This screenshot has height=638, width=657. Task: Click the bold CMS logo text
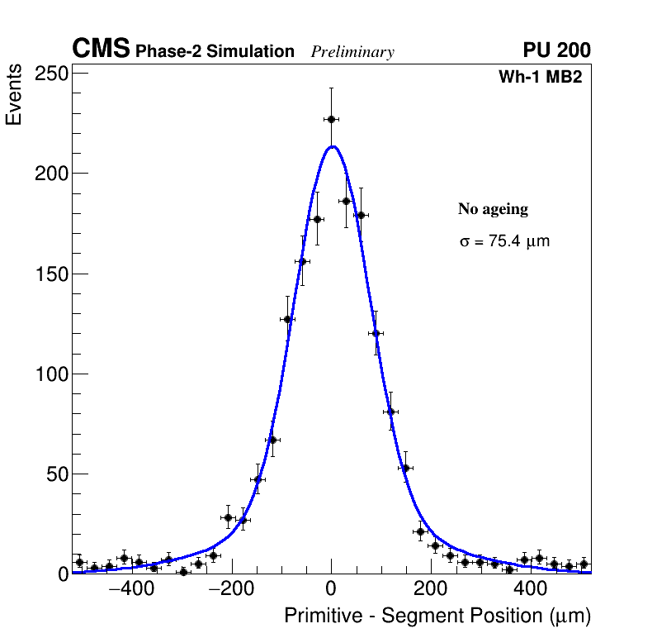click(x=101, y=50)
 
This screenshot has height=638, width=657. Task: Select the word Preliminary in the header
click(x=352, y=52)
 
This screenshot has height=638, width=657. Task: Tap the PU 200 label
click(x=557, y=50)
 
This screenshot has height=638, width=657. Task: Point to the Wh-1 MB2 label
click(x=545, y=78)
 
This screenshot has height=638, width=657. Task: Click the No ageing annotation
click(x=493, y=209)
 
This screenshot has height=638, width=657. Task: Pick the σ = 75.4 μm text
click(x=504, y=242)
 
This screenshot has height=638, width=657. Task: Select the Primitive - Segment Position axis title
click(x=437, y=617)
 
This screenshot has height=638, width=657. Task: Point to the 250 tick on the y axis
click(x=50, y=74)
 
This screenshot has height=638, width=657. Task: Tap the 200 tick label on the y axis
click(x=50, y=174)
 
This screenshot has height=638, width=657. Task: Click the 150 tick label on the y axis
click(x=50, y=274)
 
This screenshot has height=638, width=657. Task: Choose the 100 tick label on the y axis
click(x=50, y=374)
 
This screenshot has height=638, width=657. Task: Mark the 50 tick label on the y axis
click(x=55, y=474)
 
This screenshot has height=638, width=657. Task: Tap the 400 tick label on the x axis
click(x=531, y=590)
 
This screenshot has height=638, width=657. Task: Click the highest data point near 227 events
click(x=331, y=119)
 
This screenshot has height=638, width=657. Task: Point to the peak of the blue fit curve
click(x=332, y=147)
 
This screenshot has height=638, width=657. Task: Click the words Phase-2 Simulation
click(x=215, y=52)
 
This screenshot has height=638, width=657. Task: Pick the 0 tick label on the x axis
click(x=331, y=590)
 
